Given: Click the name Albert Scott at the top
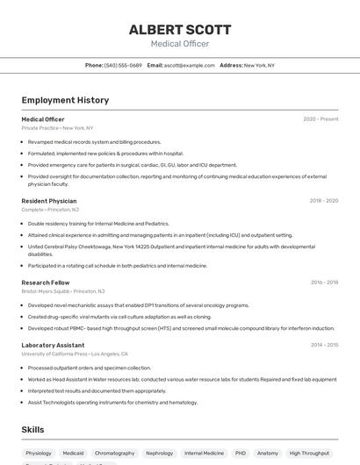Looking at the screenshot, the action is [x=179, y=29].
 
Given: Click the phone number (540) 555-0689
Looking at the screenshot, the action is [x=123, y=65].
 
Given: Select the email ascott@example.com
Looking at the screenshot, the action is [x=189, y=65].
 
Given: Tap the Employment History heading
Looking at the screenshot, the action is [x=65, y=100].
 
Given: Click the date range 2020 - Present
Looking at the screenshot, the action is [x=320, y=118].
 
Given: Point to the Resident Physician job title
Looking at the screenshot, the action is [x=49, y=201].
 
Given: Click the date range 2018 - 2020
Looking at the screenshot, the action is [x=323, y=201].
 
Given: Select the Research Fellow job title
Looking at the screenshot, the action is [x=46, y=283].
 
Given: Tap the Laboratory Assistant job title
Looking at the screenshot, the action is [x=53, y=345].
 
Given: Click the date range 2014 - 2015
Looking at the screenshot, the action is [x=324, y=345].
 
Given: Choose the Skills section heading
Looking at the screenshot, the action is [x=33, y=430].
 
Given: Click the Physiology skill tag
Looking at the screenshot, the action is [x=39, y=454].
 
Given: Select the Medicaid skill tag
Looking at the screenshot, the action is [x=74, y=454].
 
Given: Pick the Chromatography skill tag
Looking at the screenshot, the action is [x=114, y=454].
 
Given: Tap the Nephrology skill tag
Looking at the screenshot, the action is [x=159, y=454].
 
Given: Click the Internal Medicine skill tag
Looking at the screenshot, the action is [x=204, y=454].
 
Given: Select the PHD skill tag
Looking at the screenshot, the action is [x=241, y=454].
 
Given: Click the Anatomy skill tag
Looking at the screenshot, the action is [x=268, y=454].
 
